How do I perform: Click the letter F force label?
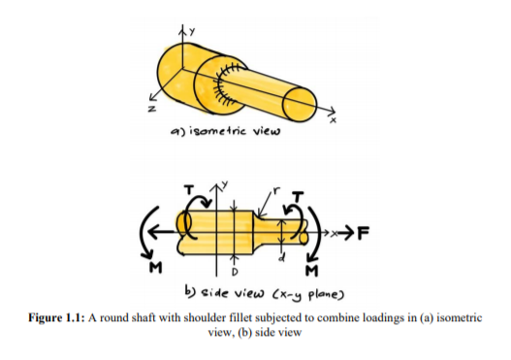[x=363, y=232]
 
